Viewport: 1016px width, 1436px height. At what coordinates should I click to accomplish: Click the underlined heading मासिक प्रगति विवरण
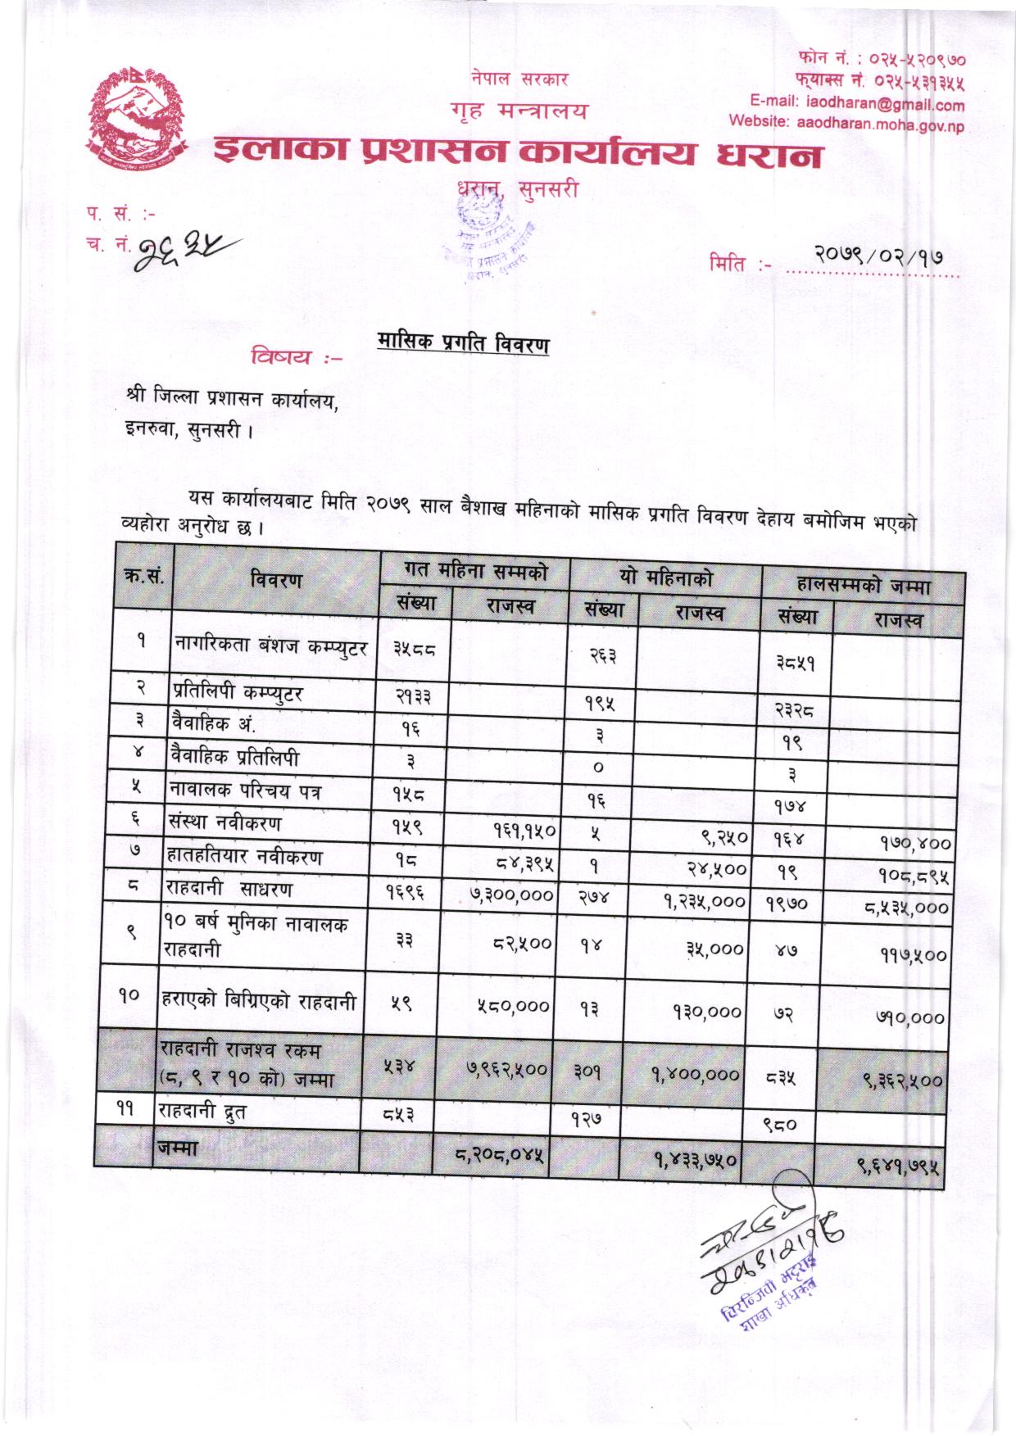coord(463,344)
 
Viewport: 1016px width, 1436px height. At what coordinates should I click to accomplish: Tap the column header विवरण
coord(277,580)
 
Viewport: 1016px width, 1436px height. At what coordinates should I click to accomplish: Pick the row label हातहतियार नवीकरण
coord(245,857)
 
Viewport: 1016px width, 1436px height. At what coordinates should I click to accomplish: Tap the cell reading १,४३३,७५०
coord(696,1161)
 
